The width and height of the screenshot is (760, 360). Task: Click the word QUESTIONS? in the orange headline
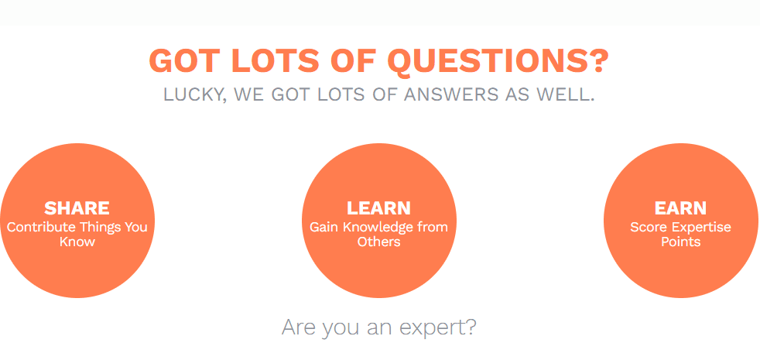pos(498,61)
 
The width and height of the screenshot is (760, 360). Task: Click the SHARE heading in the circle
pos(77,208)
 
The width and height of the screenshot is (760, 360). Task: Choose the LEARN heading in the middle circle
pos(378,208)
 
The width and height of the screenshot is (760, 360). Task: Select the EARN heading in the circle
pos(680,208)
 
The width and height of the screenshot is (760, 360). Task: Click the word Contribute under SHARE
pos(41,227)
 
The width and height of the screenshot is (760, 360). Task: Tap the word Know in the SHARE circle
pos(77,242)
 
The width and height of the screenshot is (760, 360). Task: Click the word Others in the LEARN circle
pos(379,242)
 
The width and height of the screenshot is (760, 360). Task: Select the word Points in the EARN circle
pos(681,242)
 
